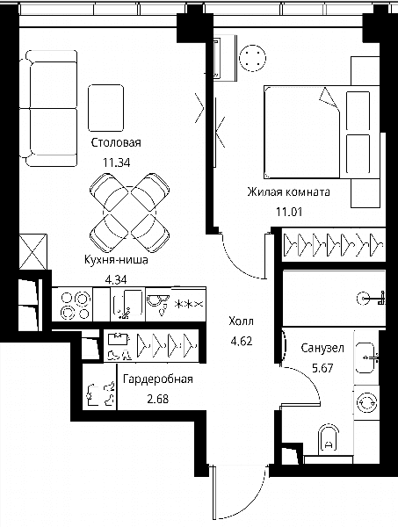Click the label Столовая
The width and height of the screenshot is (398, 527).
116,142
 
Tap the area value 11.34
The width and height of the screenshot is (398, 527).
116,163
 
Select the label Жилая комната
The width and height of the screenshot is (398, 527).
288,191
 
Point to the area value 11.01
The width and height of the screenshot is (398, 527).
289,212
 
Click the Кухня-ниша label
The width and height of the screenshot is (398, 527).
116,260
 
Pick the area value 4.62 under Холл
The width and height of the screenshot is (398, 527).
241,342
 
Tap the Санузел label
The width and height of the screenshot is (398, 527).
322,348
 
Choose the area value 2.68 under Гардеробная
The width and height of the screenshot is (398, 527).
158,400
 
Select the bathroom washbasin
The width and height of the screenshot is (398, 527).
365,358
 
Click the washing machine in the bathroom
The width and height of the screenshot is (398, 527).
366,402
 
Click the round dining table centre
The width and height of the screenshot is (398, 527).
130,211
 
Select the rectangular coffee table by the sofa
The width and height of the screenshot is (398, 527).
106,108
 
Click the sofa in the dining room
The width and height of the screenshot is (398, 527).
48,108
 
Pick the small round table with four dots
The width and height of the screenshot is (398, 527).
252,58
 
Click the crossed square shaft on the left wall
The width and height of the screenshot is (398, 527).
33,252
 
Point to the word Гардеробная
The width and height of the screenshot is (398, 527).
158,379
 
